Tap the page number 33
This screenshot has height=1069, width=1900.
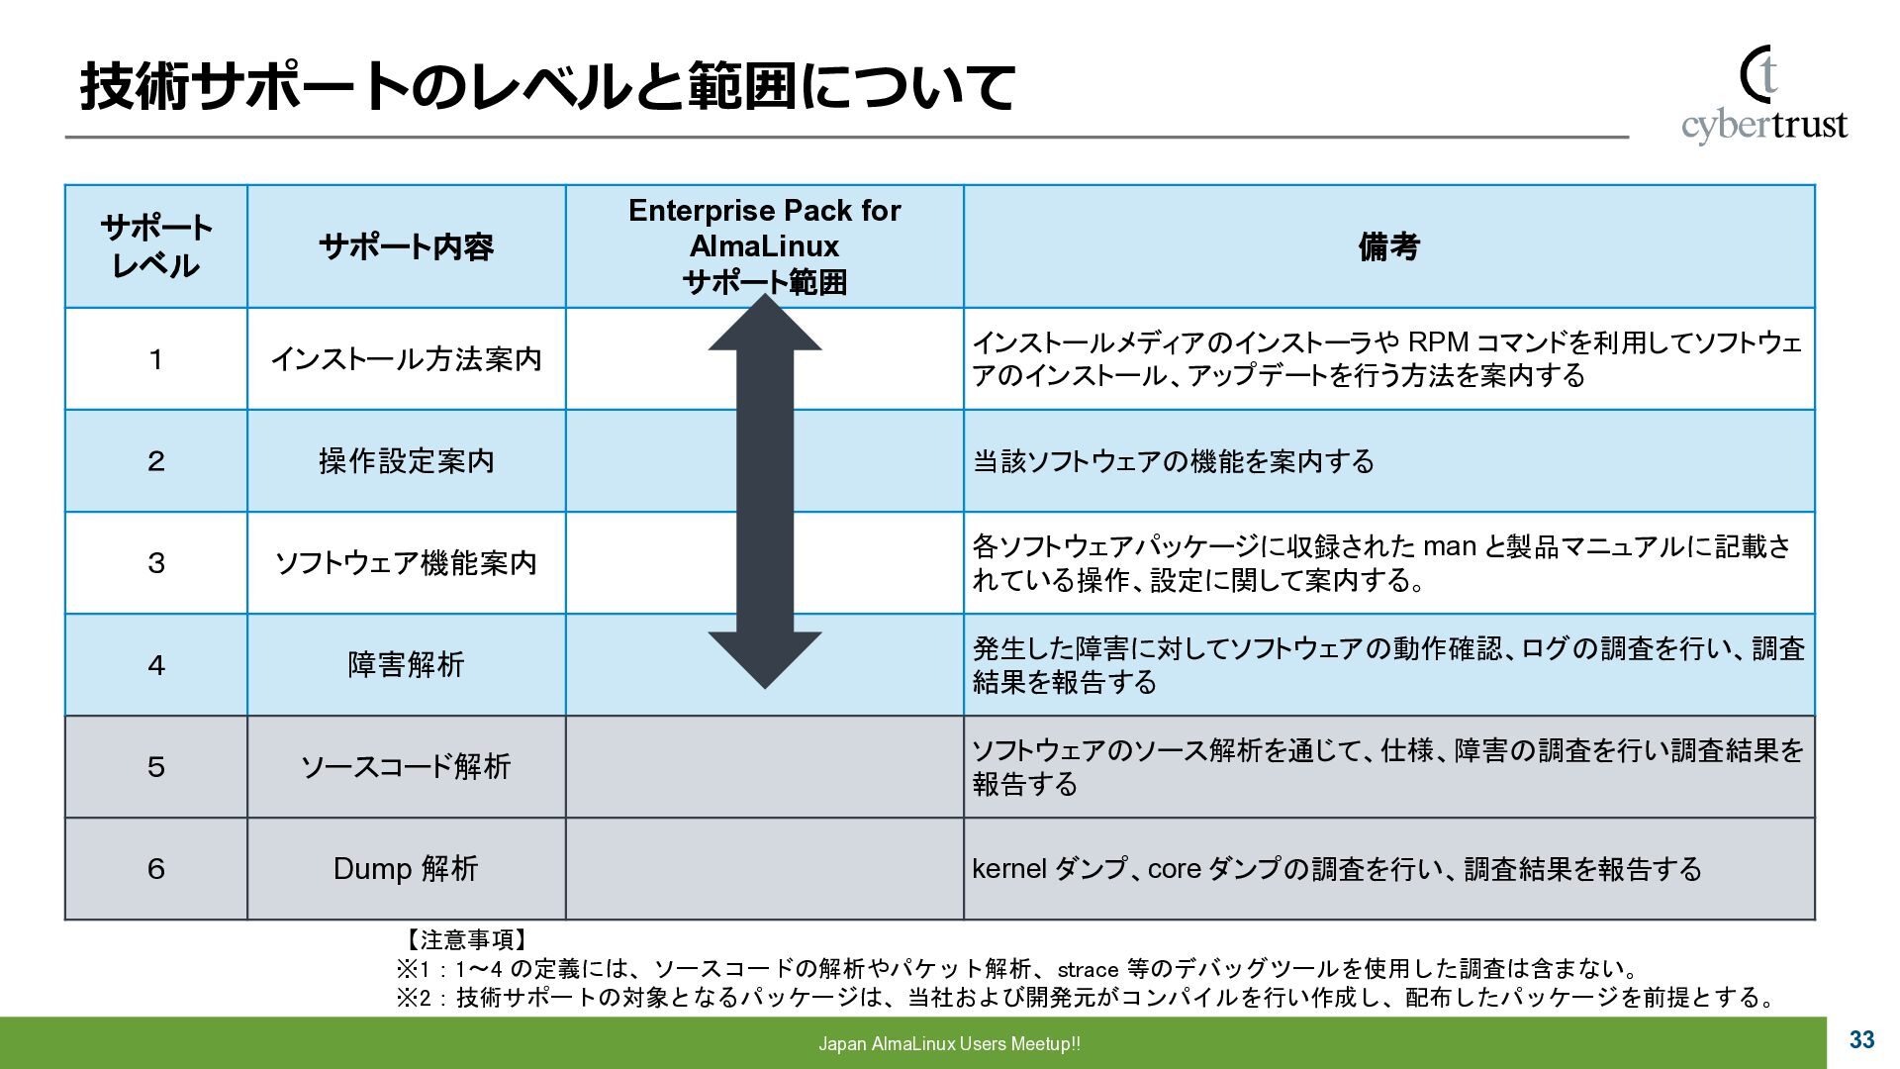[x=1861, y=1040]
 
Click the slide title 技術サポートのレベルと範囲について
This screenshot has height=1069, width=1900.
[x=547, y=87]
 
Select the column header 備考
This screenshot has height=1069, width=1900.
[x=1388, y=246]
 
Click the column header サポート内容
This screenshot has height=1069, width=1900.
[x=406, y=246]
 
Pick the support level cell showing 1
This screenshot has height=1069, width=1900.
[x=156, y=359]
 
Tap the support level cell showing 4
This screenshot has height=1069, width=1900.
[x=156, y=665]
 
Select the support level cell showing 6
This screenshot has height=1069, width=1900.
[x=156, y=869]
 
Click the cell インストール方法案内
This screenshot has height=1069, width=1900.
[x=406, y=359]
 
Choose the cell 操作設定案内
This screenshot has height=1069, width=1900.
[x=406, y=461]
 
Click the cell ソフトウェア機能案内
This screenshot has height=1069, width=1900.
[x=406, y=563]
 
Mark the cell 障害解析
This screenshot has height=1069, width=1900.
[x=406, y=665]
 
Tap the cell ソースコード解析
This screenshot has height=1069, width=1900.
[x=406, y=767]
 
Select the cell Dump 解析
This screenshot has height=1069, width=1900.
[x=406, y=869]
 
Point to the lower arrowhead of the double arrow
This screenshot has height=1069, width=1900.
[x=765, y=657]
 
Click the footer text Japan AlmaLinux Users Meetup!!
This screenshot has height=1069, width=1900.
[x=949, y=1044]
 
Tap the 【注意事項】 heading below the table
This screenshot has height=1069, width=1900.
[x=465, y=939]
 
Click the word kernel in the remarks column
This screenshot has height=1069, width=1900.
[x=1008, y=869]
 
